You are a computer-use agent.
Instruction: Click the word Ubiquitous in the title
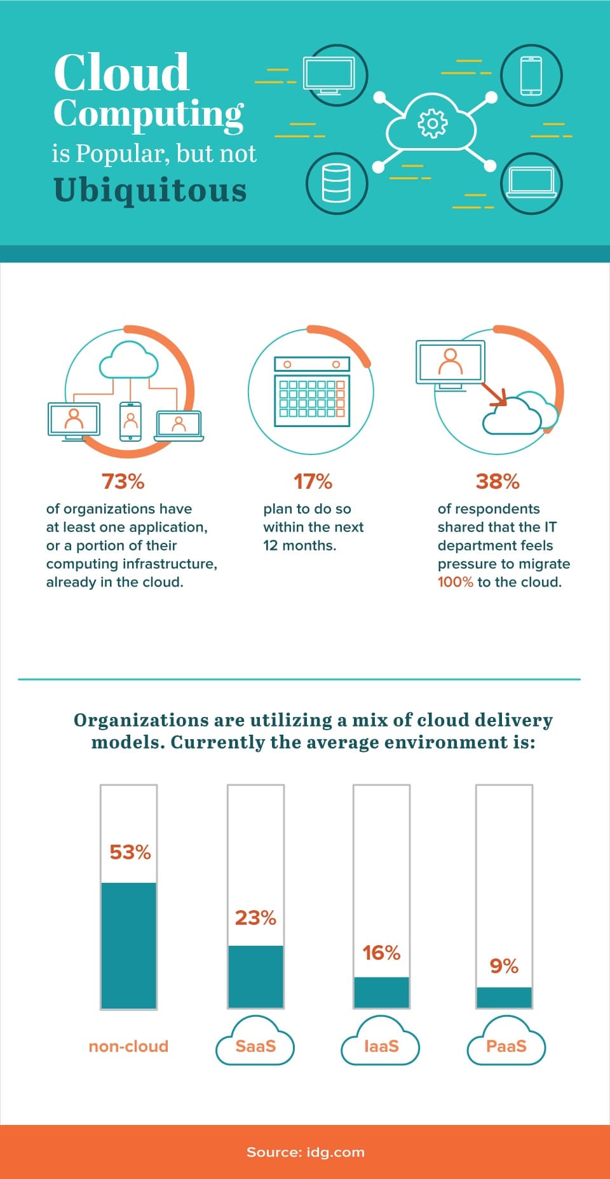(150, 190)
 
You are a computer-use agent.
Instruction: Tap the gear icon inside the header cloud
(432, 123)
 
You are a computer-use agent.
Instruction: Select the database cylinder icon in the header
(336, 183)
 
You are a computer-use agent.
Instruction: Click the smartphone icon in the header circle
(531, 76)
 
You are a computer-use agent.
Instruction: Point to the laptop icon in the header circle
(531, 183)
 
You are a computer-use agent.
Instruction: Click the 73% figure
(123, 481)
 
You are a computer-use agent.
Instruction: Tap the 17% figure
(313, 481)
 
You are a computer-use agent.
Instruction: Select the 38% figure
(498, 481)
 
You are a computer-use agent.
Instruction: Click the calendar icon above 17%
(311, 391)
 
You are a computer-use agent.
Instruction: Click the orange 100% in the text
(455, 582)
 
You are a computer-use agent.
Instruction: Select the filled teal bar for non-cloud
(128, 945)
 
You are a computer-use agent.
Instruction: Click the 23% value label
(255, 918)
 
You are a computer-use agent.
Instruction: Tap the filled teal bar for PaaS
(505, 997)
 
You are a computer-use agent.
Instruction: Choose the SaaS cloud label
(255, 1046)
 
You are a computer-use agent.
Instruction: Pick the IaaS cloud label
(381, 1046)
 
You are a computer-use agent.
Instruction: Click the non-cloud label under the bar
(128, 1046)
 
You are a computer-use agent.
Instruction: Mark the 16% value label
(381, 953)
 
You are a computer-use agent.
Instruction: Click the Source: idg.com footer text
(306, 1152)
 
